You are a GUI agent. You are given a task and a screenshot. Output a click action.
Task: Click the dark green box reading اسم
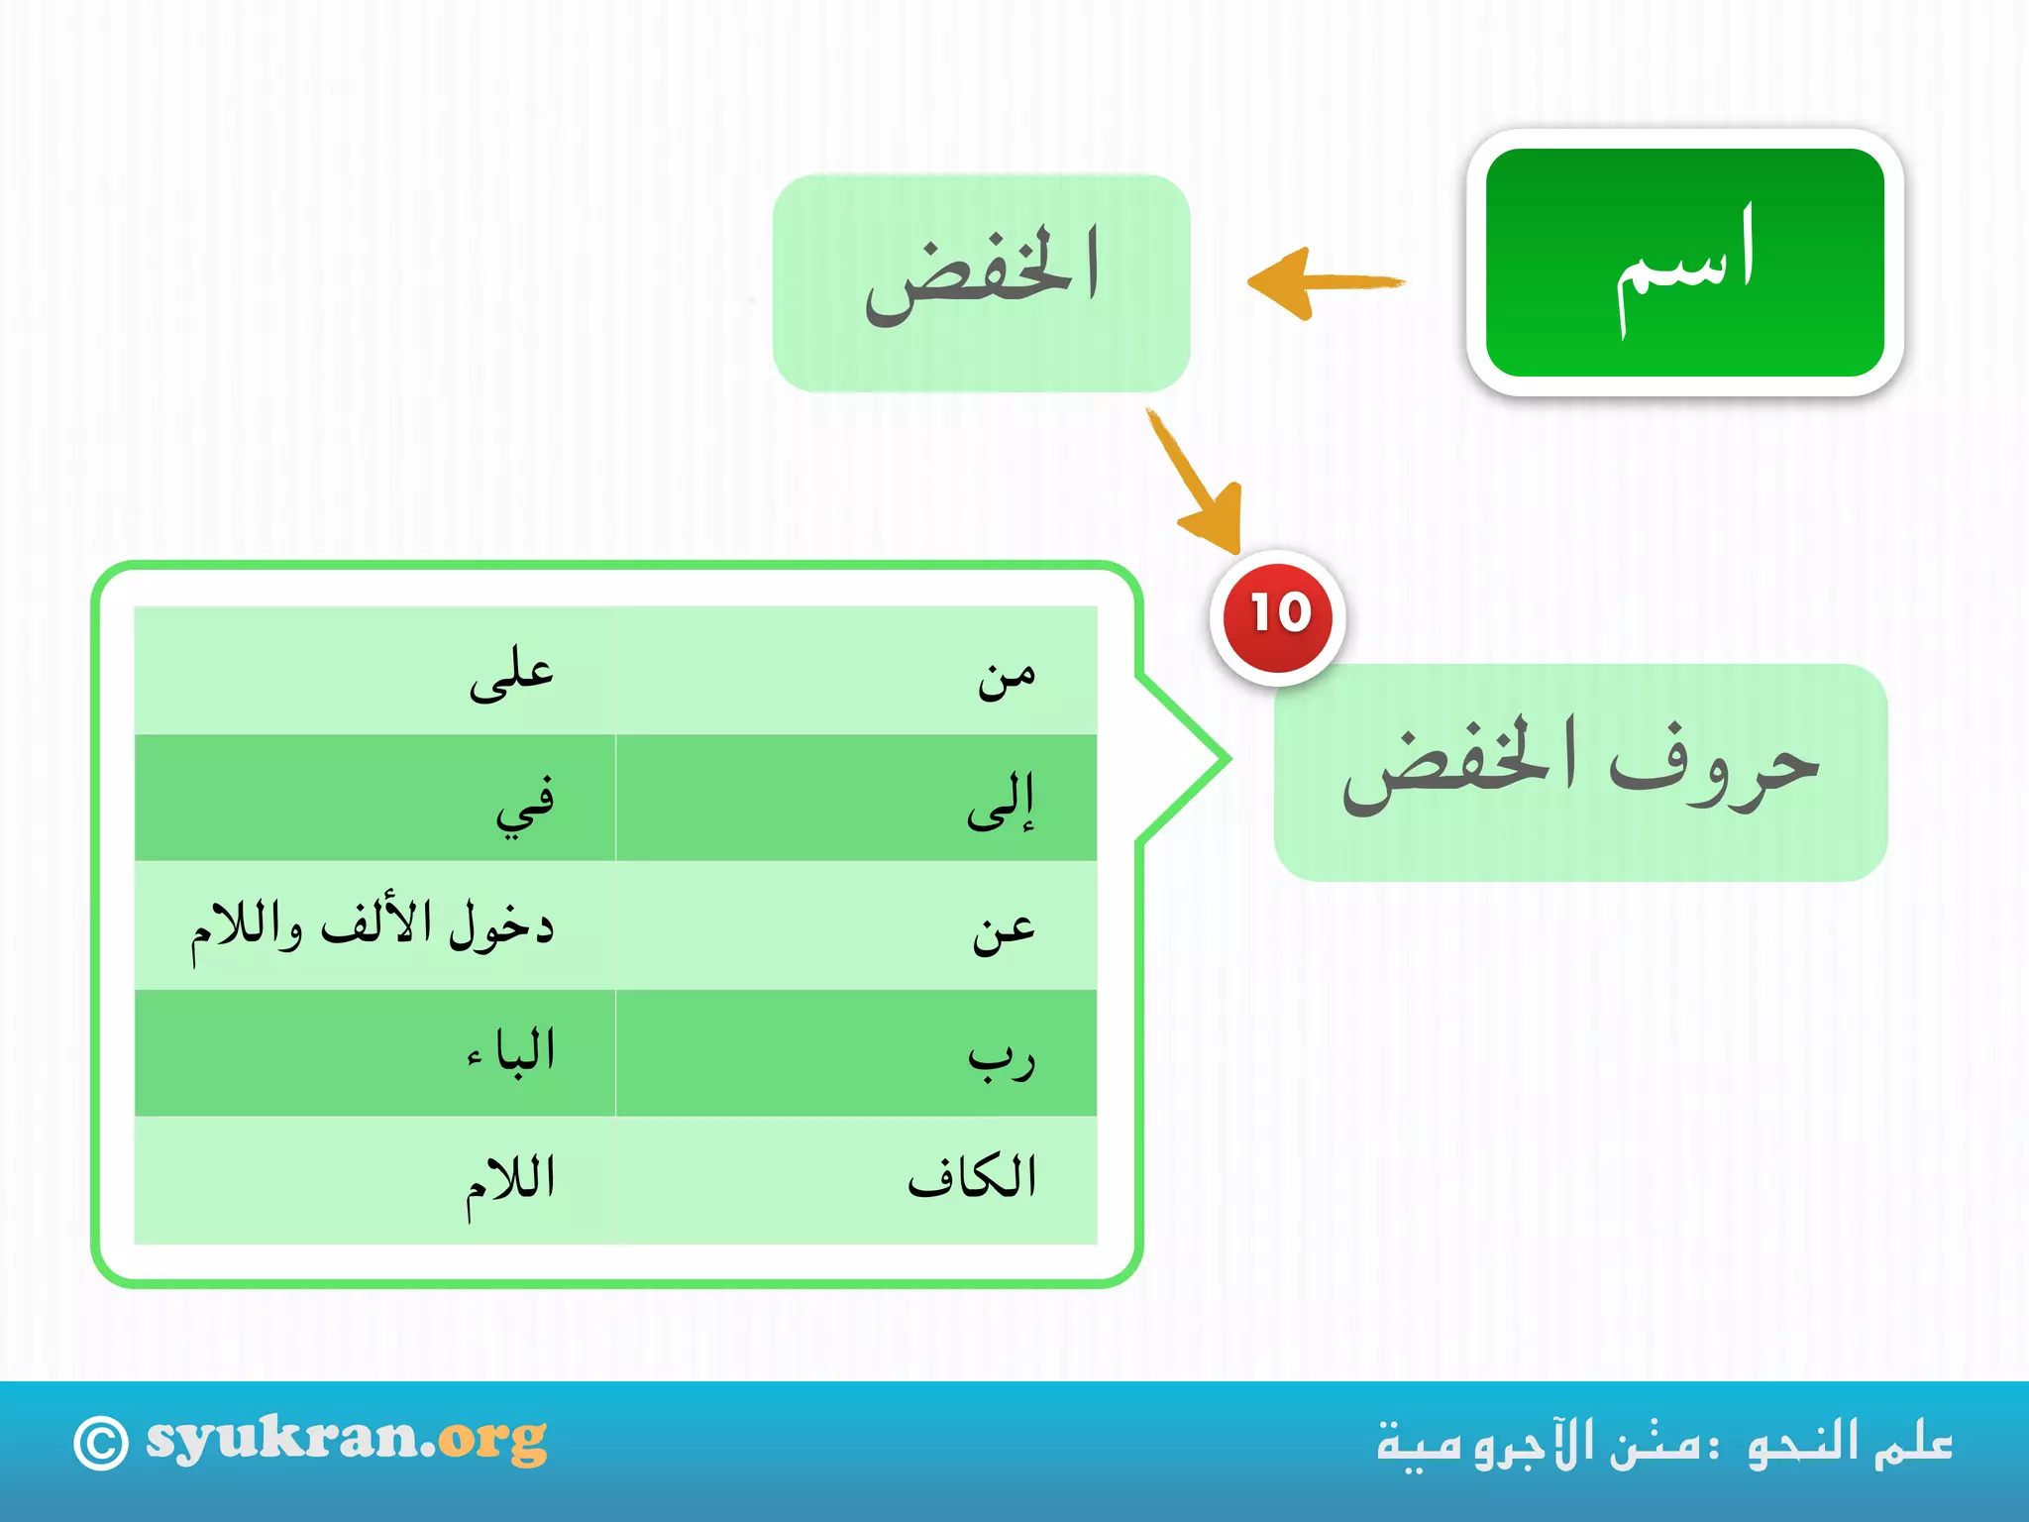click(x=1684, y=263)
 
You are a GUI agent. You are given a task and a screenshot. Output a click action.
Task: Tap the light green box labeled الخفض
click(x=981, y=282)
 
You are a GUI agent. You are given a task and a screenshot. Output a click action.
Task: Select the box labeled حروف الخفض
click(x=1580, y=773)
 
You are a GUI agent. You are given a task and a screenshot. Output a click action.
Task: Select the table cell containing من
click(x=857, y=671)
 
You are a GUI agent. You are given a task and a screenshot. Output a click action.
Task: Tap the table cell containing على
click(x=374, y=671)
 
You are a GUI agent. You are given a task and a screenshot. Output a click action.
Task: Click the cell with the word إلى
click(x=857, y=798)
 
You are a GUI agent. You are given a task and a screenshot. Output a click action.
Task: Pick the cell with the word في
click(x=374, y=798)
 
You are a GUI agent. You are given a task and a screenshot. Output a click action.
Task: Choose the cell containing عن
click(x=857, y=925)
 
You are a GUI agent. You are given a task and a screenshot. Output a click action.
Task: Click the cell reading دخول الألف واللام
click(x=374, y=925)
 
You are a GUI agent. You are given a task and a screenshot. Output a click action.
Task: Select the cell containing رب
click(x=857, y=1052)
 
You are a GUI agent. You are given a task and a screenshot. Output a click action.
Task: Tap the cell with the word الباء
click(x=374, y=1052)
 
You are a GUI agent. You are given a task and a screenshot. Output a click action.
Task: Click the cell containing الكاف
click(x=857, y=1179)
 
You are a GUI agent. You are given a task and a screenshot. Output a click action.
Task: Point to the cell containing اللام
click(x=374, y=1179)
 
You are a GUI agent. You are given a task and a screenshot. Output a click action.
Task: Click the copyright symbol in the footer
click(x=101, y=1444)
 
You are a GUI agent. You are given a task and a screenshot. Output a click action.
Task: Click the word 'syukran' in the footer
click(x=281, y=1439)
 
